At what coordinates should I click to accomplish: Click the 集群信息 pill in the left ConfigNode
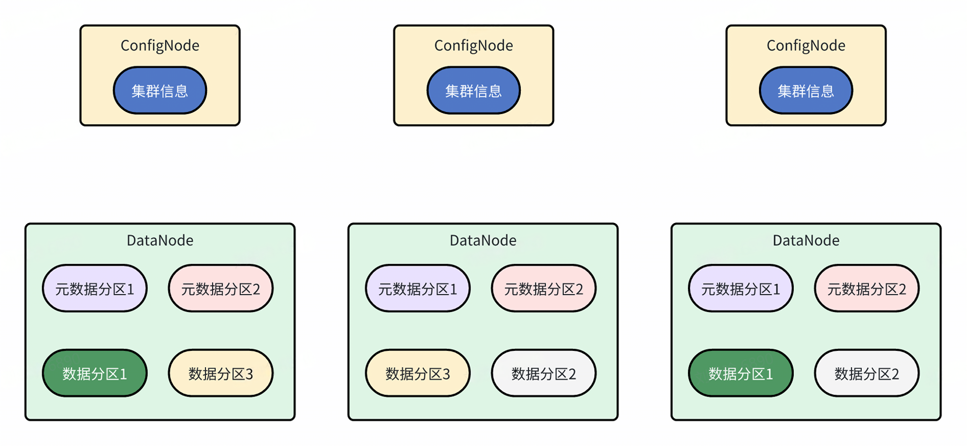159,91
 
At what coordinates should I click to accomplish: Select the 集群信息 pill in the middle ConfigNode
473,91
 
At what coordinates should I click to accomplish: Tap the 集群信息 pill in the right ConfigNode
805,91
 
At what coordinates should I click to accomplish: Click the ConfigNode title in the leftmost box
159,46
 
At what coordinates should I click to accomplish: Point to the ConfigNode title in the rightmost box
805,46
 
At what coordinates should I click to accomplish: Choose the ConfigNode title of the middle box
473,46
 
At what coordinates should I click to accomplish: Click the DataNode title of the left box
159,240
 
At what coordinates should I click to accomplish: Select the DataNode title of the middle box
482,240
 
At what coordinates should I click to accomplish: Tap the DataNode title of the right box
805,240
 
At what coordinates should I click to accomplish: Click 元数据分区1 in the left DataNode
95,288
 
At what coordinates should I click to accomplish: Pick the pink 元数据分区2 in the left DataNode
221,288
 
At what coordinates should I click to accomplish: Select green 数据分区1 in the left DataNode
95,373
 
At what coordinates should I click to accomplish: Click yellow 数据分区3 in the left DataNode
221,373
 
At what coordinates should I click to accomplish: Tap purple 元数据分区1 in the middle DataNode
418,288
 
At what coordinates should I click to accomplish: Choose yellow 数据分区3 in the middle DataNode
418,373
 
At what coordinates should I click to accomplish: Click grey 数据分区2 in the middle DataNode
544,373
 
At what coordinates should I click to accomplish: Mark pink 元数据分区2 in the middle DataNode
544,288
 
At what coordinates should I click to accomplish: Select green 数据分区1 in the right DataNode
741,373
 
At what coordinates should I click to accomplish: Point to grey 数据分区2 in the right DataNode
867,373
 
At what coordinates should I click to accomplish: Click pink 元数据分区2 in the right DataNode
867,288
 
